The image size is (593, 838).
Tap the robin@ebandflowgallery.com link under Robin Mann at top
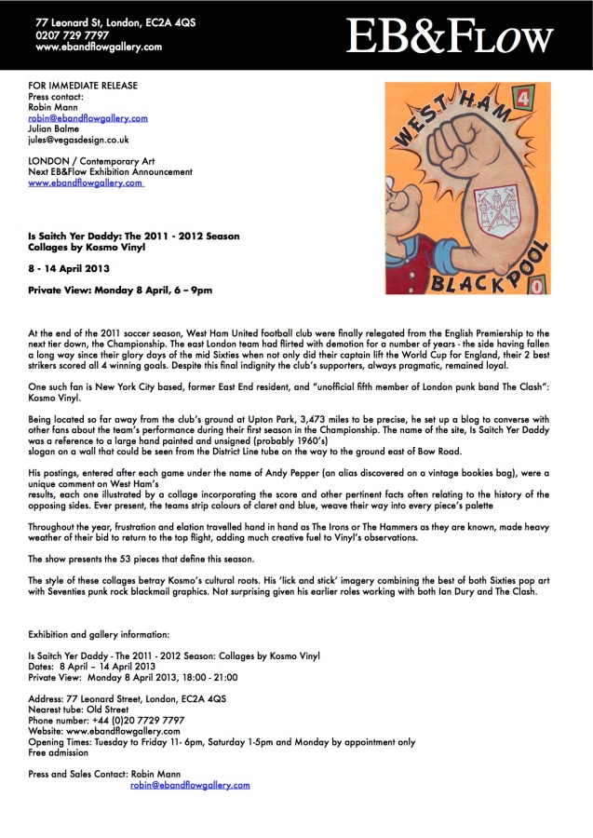pyautogui.click(x=88, y=118)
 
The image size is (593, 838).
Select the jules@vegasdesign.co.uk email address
pyautogui.click(x=77, y=140)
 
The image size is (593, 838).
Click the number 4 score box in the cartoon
pyautogui.click(x=548, y=96)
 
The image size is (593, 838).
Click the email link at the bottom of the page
pyautogui.click(x=190, y=785)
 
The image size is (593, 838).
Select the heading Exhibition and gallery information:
pyautogui.click(x=99, y=633)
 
